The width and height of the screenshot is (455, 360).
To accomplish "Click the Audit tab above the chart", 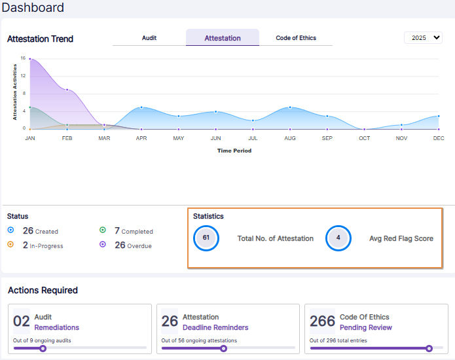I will tap(149, 38).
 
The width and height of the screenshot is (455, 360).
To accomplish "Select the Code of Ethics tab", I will tap(296, 38).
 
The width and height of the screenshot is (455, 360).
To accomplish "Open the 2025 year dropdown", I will tap(423, 38).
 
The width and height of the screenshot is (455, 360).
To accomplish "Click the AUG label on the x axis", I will tap(290, 138).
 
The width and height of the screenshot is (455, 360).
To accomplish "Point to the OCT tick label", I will tap(364, 138).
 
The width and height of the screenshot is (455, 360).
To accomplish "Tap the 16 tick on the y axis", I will tap(22, 58).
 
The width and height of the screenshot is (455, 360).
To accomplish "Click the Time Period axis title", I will tap(234, 151).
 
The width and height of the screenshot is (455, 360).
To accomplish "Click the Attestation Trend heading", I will tap(40, 39).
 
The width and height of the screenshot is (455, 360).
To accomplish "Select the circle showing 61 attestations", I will tap(206, 238).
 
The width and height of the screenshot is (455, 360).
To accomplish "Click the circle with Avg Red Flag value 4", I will tap(338, 238).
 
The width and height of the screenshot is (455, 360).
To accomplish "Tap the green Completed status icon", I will tap(103, 230).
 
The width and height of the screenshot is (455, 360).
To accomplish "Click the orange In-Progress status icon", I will tap(10, 245).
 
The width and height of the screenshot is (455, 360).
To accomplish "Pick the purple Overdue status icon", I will tap(103, 245).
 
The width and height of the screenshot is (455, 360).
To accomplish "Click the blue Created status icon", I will tap(10, 230).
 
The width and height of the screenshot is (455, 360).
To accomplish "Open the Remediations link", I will tap(56, 327).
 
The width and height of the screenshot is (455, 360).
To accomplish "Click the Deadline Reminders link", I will tap(215, 327).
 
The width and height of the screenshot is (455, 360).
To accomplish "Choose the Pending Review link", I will tap(365, 327).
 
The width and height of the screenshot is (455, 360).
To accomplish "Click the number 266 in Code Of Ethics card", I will tap(323, 321).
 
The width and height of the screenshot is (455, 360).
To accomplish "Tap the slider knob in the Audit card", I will tap(43, 348).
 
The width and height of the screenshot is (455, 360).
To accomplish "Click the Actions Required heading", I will tap(43, 290).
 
